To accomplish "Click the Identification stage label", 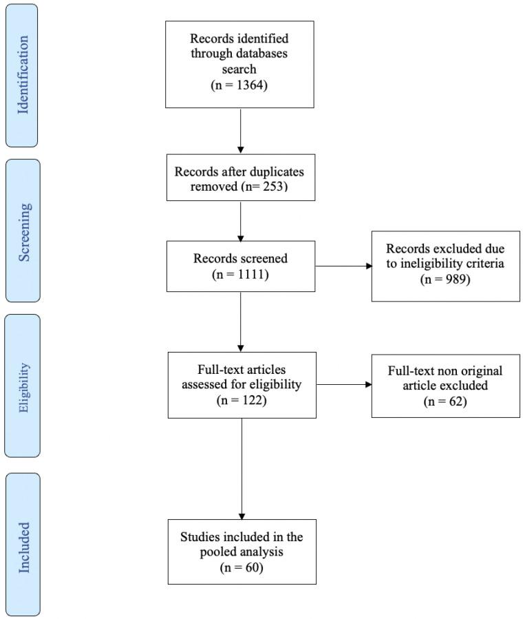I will point(22,76).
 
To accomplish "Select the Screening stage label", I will point(22,231).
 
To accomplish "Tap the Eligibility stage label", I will point(22,386).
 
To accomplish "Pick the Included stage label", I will point(22,544).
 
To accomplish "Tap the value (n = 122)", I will point(241,399).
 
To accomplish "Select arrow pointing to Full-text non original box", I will point(343,385).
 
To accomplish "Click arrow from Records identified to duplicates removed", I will point(240,130).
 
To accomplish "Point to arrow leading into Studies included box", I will point(241,468).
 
